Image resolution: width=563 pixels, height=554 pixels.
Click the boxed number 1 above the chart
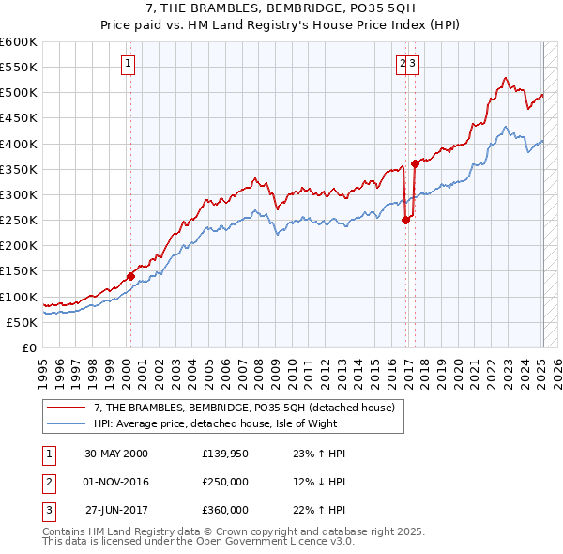[129, 64]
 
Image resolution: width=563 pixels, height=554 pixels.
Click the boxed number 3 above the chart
[414, 64]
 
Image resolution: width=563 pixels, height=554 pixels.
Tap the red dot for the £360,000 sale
[415, 163]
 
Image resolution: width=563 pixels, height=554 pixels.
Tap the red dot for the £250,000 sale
[405, 220]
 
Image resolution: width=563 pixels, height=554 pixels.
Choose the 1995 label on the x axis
[43, 367]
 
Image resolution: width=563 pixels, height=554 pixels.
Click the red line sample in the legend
[66, 408]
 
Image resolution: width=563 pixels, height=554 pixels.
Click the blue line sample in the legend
[66, 423]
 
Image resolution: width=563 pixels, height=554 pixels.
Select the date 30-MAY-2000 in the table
[116, 454]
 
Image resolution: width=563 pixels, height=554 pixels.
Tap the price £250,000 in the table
[225, 482]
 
